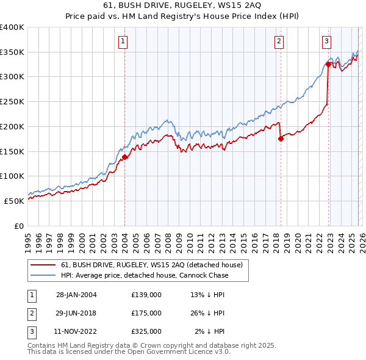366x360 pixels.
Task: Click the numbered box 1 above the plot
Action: pyautogui.click(x=123, y=41)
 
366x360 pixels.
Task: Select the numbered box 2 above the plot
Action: pyautogui.click(x=279, y=41)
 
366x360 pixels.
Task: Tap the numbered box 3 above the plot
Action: pyautogui.click(x=326, y=41)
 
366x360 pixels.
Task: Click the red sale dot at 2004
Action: pyautogui.click(x=124, y=157)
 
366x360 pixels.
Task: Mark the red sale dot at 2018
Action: pyautogui.click(x=281, y=139)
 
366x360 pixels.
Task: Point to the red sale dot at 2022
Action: pyautogui.click(x=328, y=64)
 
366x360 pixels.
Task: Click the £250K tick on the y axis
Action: pyautogui.click(x=12, y=102)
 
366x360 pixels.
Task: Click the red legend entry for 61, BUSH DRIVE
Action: pyautogui.click(x=152, y=265)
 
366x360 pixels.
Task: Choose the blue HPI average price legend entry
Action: pyautogui.click(x=145, y=275)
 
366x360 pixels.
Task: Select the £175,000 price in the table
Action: pyautogui.click(x=146, y=313)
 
